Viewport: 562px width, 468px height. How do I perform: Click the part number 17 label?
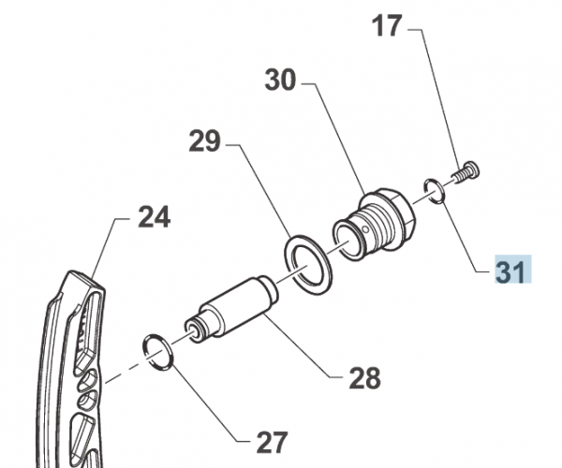coord(387,25)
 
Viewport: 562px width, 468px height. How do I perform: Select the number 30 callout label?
coord(280,81)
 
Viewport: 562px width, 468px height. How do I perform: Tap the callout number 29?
coord(204,142)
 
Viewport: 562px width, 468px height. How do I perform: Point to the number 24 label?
coord(155,218)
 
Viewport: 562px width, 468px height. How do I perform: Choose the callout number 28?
coord(365,378)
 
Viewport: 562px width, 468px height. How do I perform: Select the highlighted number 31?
coord(511,271)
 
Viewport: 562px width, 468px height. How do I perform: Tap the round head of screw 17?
coord(472,168)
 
